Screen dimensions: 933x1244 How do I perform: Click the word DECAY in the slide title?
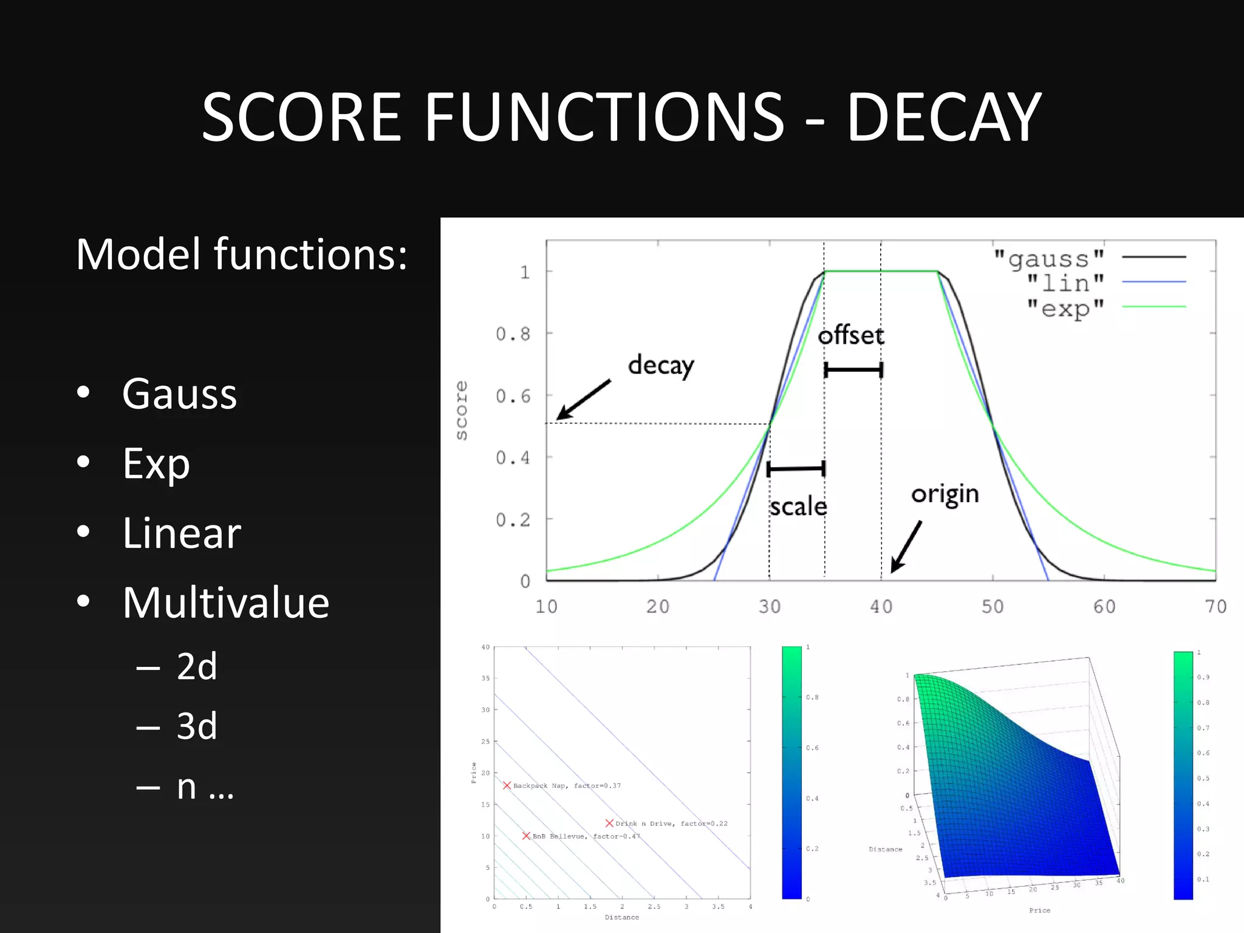click(x=944, y=117)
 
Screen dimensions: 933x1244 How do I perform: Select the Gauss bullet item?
click(x=179, y=394)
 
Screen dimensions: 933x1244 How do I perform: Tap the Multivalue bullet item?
click(x=225, y=603)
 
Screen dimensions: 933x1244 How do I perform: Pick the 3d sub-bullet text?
click(x=196, y=726)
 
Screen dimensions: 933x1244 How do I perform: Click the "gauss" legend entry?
click(x=1049, y=259)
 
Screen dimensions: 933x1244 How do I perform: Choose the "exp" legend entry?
click(x=1065, y=309)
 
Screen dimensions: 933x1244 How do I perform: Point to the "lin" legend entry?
click(x=1065, y=284)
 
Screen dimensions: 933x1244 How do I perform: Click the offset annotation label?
click(x=850, y=336)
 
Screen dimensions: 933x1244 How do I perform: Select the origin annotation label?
click(x=945, y=494)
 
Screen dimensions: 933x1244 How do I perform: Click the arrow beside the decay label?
click(x=583, y=400)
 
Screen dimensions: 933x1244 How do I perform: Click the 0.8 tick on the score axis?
click(x=513, y=334)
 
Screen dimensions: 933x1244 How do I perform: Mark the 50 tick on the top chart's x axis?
click(x=993, y=606)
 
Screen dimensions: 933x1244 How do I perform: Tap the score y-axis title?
click(x=462, y=410)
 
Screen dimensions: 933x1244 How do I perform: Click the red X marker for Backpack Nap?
click(x=507, y=785)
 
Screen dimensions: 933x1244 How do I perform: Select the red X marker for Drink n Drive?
click(x=609, y=823)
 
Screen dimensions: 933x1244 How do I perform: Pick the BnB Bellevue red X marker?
click(x=526, y=836)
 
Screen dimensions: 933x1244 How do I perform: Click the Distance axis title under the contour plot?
click(x=621, y=917)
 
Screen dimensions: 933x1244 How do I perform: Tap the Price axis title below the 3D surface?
click(x=1039, y=910)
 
